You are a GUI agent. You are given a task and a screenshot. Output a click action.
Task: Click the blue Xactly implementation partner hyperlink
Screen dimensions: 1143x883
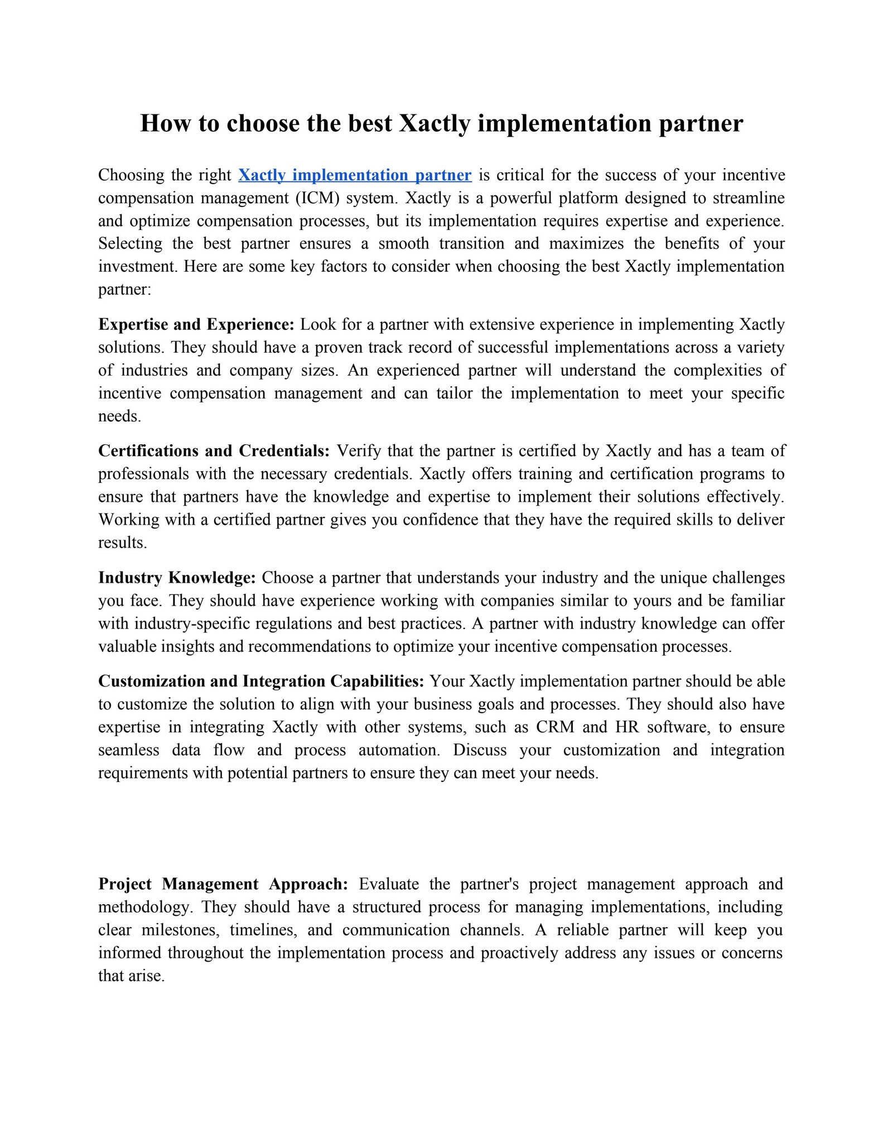tap(355, 175)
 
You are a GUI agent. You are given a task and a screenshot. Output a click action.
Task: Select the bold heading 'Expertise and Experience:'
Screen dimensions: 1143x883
tap(196, 324)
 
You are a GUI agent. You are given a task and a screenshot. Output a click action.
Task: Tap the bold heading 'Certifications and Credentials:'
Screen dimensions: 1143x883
tap(214, 450)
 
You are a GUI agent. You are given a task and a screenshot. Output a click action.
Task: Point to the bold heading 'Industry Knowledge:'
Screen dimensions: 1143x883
tap(177, 577)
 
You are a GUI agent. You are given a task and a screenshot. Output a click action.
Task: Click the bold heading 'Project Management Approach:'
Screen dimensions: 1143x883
tap(223, 884)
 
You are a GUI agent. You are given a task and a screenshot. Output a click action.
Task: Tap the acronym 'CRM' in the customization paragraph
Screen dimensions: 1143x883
tap(552, 727)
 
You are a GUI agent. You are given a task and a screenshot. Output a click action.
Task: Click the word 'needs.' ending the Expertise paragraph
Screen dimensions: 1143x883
tap(119, 416)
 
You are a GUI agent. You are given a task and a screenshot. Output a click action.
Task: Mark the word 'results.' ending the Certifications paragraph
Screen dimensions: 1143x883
tap(123, 542)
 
